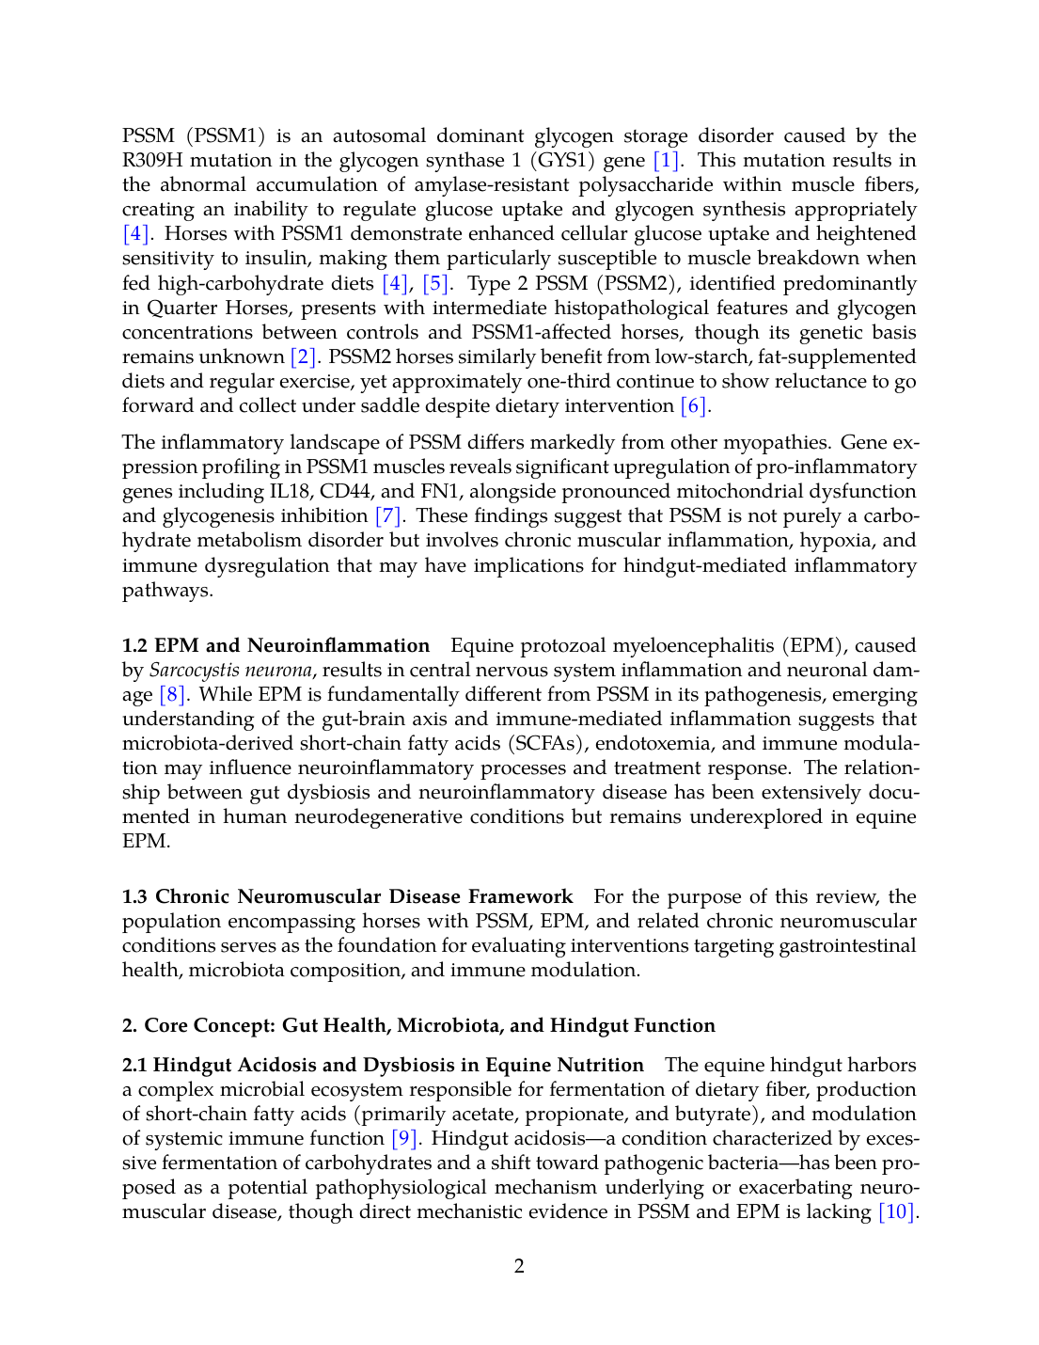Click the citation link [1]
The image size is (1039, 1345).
pyautogui.click(x=667, y=161)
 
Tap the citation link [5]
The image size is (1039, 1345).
pyautogui.click(x=435, y=284)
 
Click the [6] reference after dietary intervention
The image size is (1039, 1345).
pyautogui.click(x=694, y=406)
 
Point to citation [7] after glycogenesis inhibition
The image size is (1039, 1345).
pyautogui.click(x=388, y=516)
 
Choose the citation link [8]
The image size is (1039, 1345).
pyautogui.click(x=173, y=695)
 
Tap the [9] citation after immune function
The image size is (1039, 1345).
pyautogui.click(x=404, y=1139)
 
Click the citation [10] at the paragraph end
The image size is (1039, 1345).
pyautogui.click(x=896, y=1212)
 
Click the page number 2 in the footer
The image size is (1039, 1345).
pyautogui.click(x=519, y=1266)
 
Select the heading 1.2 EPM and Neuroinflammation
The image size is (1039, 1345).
pyautogui.click(x=275, y=646)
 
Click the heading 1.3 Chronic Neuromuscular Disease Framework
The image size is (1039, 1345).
pyautogui.click(x=347, y=897)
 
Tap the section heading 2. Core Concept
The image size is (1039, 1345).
pyautogui.click(x=418, y=1026)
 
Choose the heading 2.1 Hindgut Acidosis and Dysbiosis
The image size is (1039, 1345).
pyautogui.click(x=383, y=1066)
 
